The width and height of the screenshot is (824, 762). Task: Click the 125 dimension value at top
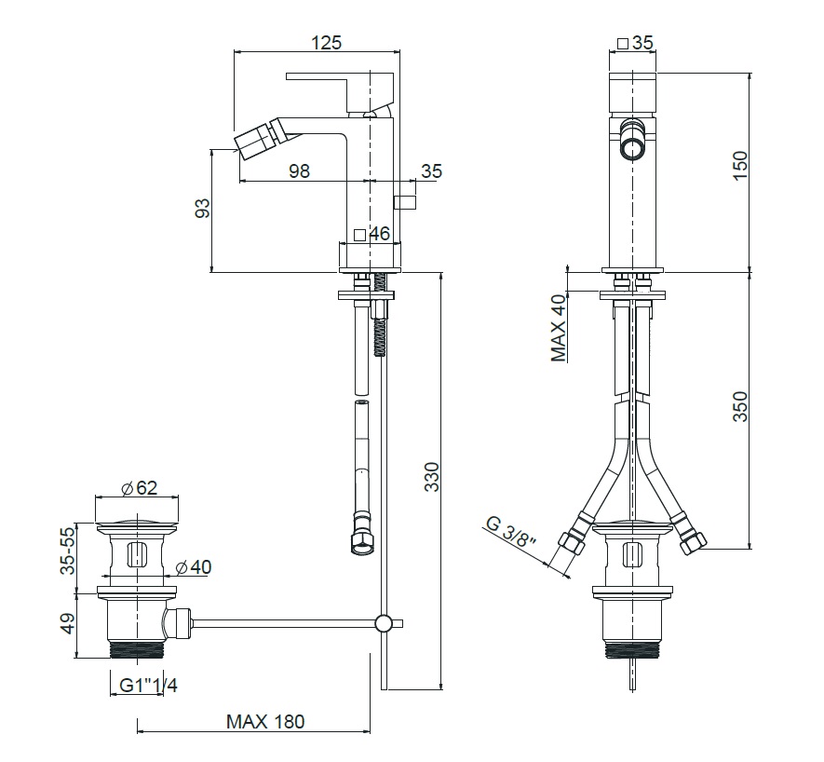pos(327,42)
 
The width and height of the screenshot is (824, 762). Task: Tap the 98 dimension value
pos(299,170)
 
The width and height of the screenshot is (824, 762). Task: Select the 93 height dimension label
pos(202,208)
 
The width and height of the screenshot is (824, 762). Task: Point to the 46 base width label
pos(380,234)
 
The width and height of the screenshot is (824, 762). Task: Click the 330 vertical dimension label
pos(431,476)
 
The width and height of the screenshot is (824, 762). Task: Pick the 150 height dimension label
pos(739,165)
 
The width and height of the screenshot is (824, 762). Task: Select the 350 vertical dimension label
pos(739,406)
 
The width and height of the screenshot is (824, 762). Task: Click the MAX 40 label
pos(560,328)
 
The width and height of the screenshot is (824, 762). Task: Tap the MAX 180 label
pos(265,722)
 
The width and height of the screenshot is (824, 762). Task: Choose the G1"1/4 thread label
pos(149,686)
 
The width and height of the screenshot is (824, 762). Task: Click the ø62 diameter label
pos(140,488)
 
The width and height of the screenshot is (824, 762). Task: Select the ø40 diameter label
pos(194,567)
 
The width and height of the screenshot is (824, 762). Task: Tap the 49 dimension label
pos(68,624)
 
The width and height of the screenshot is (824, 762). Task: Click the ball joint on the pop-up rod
pos(383,623)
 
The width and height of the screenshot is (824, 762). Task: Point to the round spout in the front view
pos(631,141)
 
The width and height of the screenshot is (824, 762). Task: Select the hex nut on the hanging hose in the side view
pos(361,543)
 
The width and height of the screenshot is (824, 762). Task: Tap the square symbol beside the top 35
pos(623,43)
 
